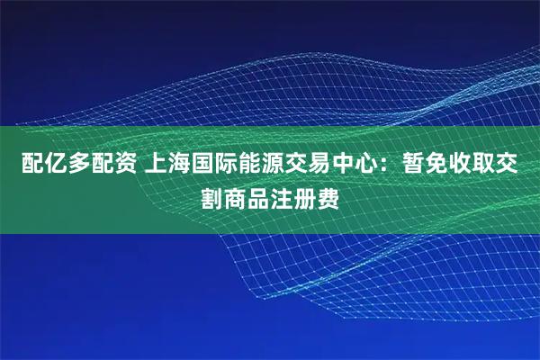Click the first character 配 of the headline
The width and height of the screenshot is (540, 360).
[x=22, y=166]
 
